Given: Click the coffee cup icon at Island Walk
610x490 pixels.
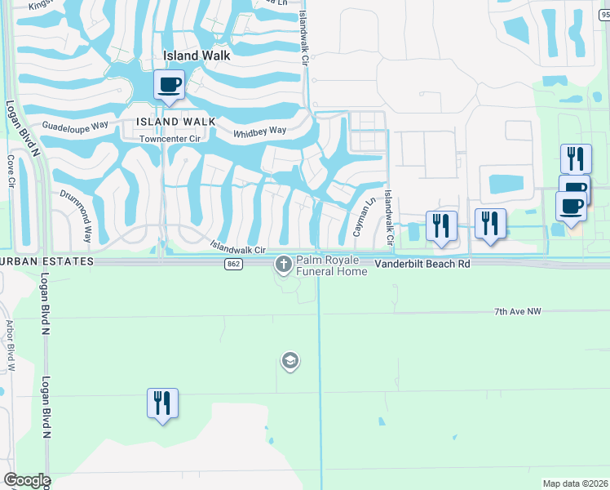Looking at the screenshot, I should (x=170, y=84).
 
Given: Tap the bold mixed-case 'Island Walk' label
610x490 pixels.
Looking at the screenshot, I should (x=197, y=56).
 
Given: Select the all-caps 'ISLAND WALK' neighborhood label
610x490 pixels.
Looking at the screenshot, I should (x=176, y=122).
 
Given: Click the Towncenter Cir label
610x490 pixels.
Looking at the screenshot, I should (x=170, y=139).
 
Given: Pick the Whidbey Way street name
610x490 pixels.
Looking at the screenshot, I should (x=259, y=131).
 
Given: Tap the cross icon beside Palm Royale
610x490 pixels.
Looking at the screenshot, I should (x=284, y=264).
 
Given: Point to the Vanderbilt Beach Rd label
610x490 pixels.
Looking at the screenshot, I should (x=423, y=265).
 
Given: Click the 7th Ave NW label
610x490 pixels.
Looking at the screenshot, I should (x=518, y=312).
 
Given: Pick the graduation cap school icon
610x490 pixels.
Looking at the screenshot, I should (x=290, y=360).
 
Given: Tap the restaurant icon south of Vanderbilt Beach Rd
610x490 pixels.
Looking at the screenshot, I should (x=162, y=403).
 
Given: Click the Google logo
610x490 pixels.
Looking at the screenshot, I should (x=26, y=480).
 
